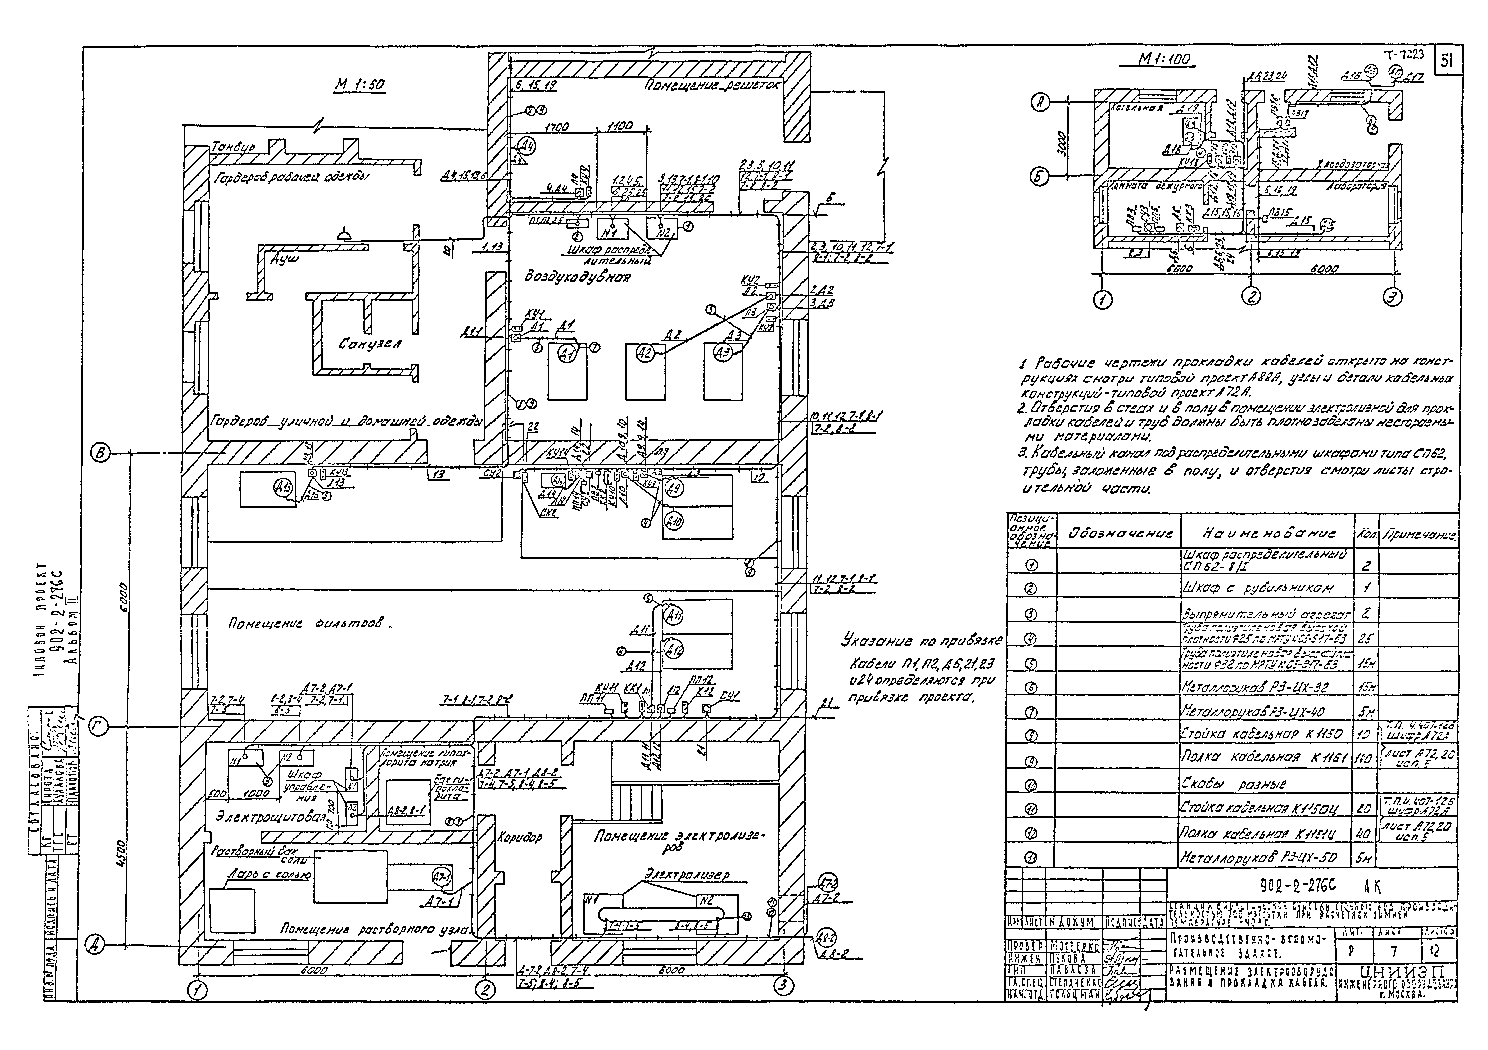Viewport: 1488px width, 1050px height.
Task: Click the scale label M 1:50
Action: click(360, 85)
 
